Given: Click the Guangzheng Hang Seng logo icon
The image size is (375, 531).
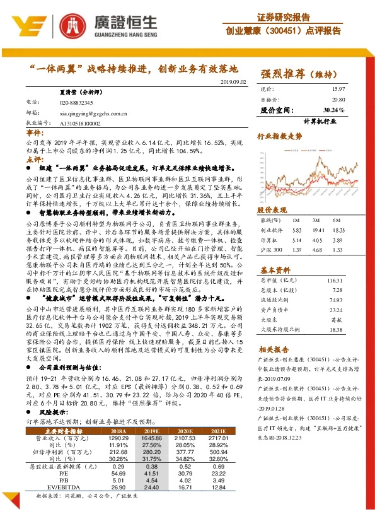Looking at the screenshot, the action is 35,25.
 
